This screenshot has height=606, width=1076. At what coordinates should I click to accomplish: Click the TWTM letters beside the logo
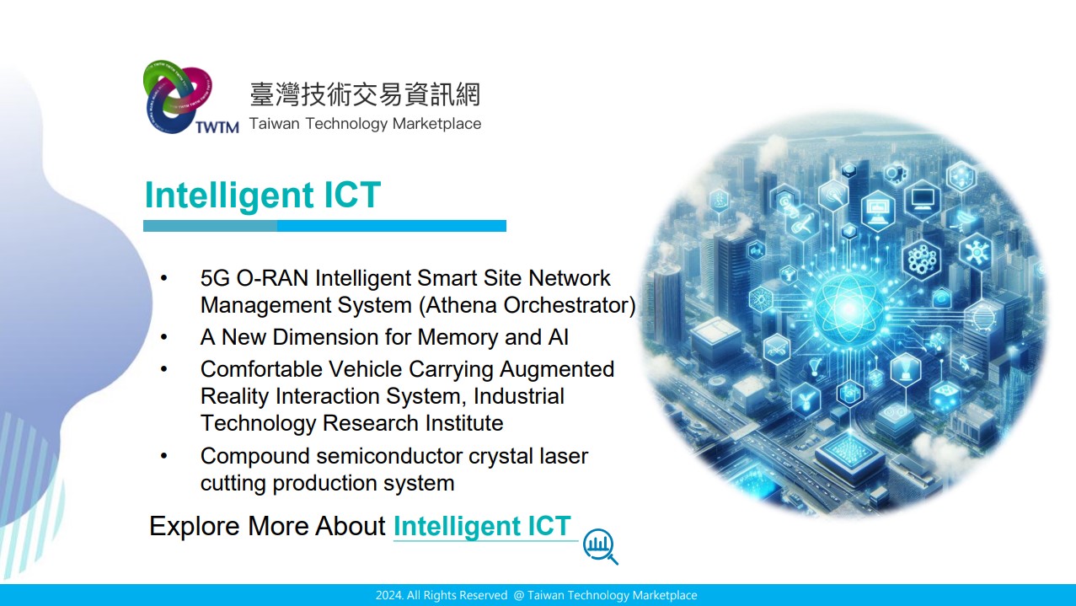click(217, 127)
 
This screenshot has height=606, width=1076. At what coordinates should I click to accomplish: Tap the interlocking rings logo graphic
click(178, 97)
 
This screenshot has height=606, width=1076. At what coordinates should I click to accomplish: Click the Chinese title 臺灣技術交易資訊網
click(365, 94)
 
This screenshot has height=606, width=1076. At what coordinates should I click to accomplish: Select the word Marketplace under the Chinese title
click(436, 124)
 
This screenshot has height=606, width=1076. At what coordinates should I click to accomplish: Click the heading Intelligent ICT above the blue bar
click(263, 195)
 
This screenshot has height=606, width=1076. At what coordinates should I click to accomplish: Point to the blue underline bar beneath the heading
click(324, 226)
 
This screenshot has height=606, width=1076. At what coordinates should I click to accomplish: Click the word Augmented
click(557, 370)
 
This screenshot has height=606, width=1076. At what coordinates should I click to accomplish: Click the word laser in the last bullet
click(564, 457)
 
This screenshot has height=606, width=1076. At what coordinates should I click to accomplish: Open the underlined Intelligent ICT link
click(482, 526)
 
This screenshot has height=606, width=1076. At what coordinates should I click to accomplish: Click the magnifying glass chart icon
click(600, 546)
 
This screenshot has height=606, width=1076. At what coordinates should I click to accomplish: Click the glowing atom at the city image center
click(848, 308)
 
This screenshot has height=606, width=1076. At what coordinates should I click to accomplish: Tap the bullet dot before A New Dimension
click(163, 337)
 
